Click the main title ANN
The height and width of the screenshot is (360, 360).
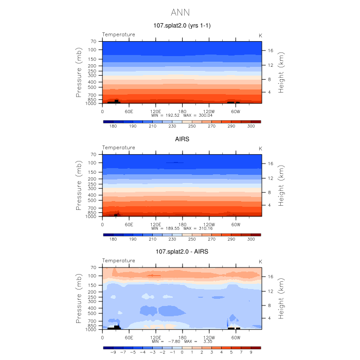[180, 11]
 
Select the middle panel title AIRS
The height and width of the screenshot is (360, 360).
[182, 138]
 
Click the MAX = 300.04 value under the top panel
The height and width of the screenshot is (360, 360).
[197, 115]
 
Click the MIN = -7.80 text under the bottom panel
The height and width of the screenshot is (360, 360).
[165, 341]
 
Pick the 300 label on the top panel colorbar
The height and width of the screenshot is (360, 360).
[251, 126]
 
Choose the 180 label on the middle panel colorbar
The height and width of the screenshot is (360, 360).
[113, 239]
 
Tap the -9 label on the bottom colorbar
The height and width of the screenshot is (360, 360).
[113, 352]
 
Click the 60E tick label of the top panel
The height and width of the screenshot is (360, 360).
[129, 111]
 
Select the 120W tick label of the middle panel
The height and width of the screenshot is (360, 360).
[209, 224]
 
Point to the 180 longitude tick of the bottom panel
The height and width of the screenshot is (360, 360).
[182, 337]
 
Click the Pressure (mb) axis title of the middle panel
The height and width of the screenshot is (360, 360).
[79, 187]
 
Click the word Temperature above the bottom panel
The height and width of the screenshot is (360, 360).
[118, 261]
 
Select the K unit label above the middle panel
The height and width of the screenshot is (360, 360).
[260, 148]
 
